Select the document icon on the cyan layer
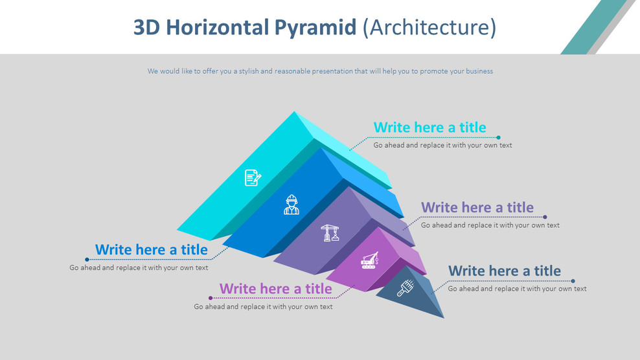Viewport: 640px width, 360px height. (253, 177)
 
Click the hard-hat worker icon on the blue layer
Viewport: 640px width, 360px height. (291, 205)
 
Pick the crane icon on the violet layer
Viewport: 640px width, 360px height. (330, 232)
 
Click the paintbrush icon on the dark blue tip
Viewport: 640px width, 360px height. (406, 287)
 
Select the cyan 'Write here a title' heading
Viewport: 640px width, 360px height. (429, 128)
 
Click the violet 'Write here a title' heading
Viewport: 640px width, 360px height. (477, 207)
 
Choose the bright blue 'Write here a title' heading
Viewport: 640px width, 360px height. (152, 249)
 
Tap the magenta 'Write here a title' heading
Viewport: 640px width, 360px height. (275, 288)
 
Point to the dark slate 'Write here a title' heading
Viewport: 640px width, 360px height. (504, 271)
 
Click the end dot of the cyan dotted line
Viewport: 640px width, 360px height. (499, 137)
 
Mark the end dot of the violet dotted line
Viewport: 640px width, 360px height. (545, 217)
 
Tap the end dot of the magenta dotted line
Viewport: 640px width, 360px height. (211, 298)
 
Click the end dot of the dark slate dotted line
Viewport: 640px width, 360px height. (573, 281)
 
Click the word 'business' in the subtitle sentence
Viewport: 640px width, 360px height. (477, 71)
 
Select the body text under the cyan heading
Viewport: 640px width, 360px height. (442, 146)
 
